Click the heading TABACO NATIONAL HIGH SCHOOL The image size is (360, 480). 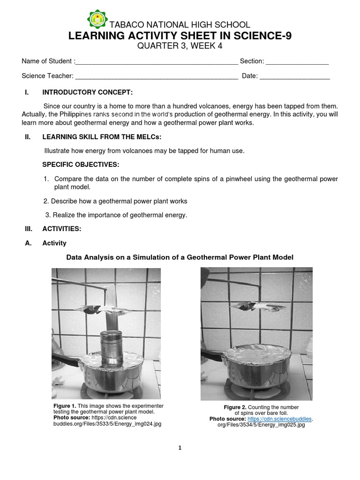(180, 25)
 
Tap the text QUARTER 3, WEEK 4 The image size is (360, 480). (180, 46)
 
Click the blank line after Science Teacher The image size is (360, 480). (157, 77)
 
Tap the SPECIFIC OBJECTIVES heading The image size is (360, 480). (81, 165)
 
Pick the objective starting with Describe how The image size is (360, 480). (115, 201)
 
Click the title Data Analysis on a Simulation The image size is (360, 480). (180, 257)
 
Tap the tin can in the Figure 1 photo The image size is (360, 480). (112, 349)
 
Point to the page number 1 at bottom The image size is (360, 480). (180, 448)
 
